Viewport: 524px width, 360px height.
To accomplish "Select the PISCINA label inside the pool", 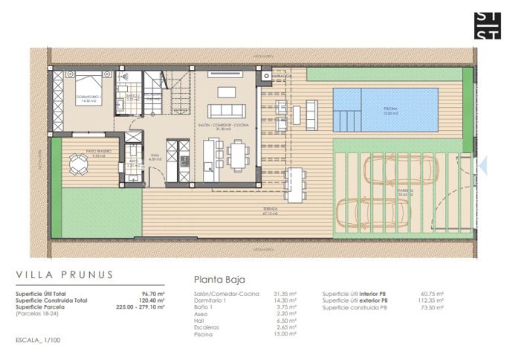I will (x=390, y=109).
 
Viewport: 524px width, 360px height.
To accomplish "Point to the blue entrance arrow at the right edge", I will (x=483, y=165).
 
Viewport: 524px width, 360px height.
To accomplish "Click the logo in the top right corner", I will (x=489, y=25).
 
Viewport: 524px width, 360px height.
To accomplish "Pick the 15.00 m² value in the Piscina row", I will (x=285, y=334).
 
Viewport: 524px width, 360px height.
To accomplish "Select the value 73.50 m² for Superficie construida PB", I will (x=431, y=307).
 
